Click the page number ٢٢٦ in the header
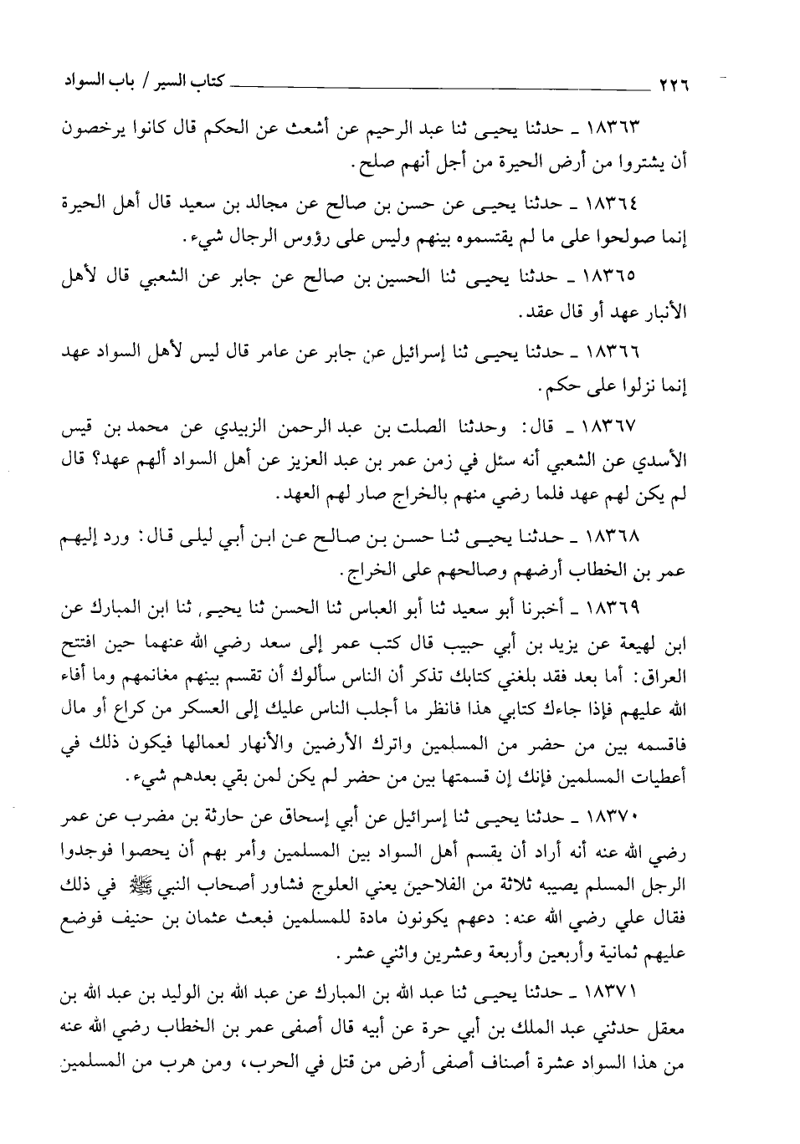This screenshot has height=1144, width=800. [679, 85]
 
